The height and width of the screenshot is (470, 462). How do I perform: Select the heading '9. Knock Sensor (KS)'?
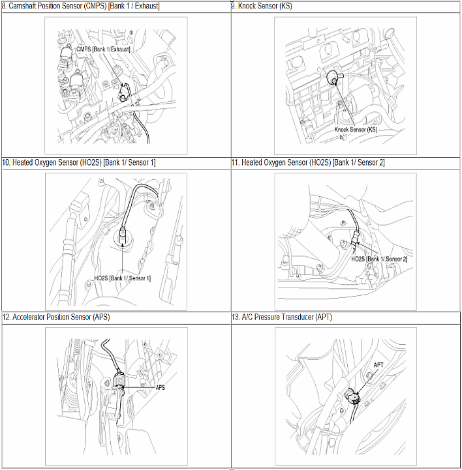(262, 6)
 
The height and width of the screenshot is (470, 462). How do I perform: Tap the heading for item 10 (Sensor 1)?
(79, 162)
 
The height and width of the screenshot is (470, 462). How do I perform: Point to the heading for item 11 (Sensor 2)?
(308, 162)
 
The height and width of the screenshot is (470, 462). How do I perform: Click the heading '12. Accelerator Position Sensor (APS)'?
(56, 317)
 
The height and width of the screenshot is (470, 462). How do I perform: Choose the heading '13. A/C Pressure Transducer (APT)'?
(282, 317)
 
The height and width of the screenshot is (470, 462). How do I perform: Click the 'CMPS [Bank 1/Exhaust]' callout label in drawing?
(103, 49)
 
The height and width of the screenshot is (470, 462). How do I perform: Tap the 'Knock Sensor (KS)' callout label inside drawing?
(356, 130)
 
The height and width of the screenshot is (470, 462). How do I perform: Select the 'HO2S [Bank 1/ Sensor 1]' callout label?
(123, 278)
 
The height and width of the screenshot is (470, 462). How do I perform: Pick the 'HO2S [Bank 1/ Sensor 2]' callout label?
(379, 259)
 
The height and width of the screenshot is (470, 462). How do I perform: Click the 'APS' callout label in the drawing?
(161, 388)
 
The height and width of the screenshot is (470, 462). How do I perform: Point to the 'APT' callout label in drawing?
(378, 365)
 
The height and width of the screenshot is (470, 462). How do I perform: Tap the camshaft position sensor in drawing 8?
(124, 93)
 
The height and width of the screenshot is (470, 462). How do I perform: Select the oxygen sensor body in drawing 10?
(123, 235)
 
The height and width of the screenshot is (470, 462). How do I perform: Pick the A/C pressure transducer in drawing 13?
(352, 396)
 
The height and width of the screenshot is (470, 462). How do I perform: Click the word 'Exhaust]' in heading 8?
(147, 6)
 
